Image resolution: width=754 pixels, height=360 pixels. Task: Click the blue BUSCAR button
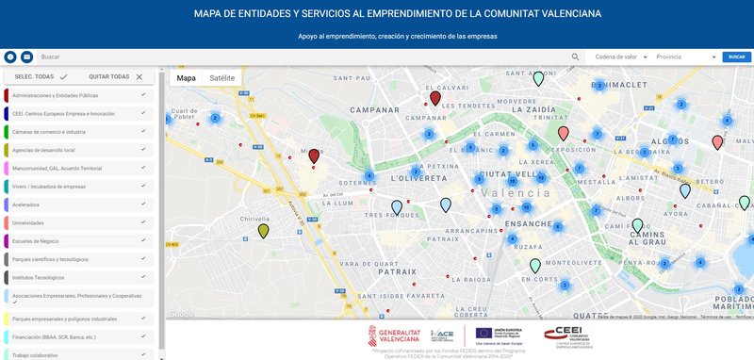(737, 57)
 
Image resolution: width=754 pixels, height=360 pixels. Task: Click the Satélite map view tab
(222, 78)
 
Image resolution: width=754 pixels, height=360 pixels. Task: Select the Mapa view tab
(187, 78)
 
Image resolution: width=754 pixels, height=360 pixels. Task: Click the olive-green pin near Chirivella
(264, 232)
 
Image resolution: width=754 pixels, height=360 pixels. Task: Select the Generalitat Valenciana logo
(394, 336)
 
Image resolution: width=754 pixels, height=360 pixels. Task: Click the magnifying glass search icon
(576, 57)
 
